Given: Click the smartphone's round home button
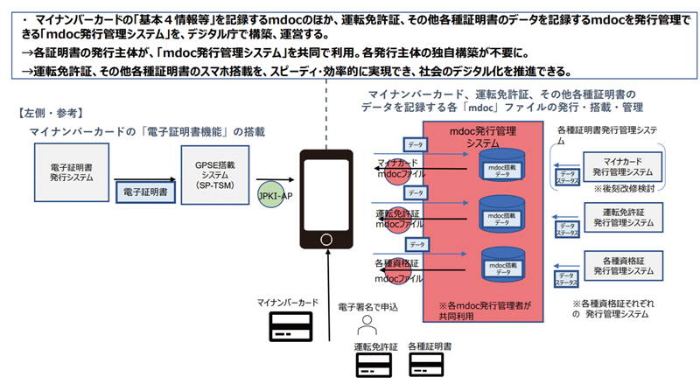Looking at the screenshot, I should click(x=327, y=239).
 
